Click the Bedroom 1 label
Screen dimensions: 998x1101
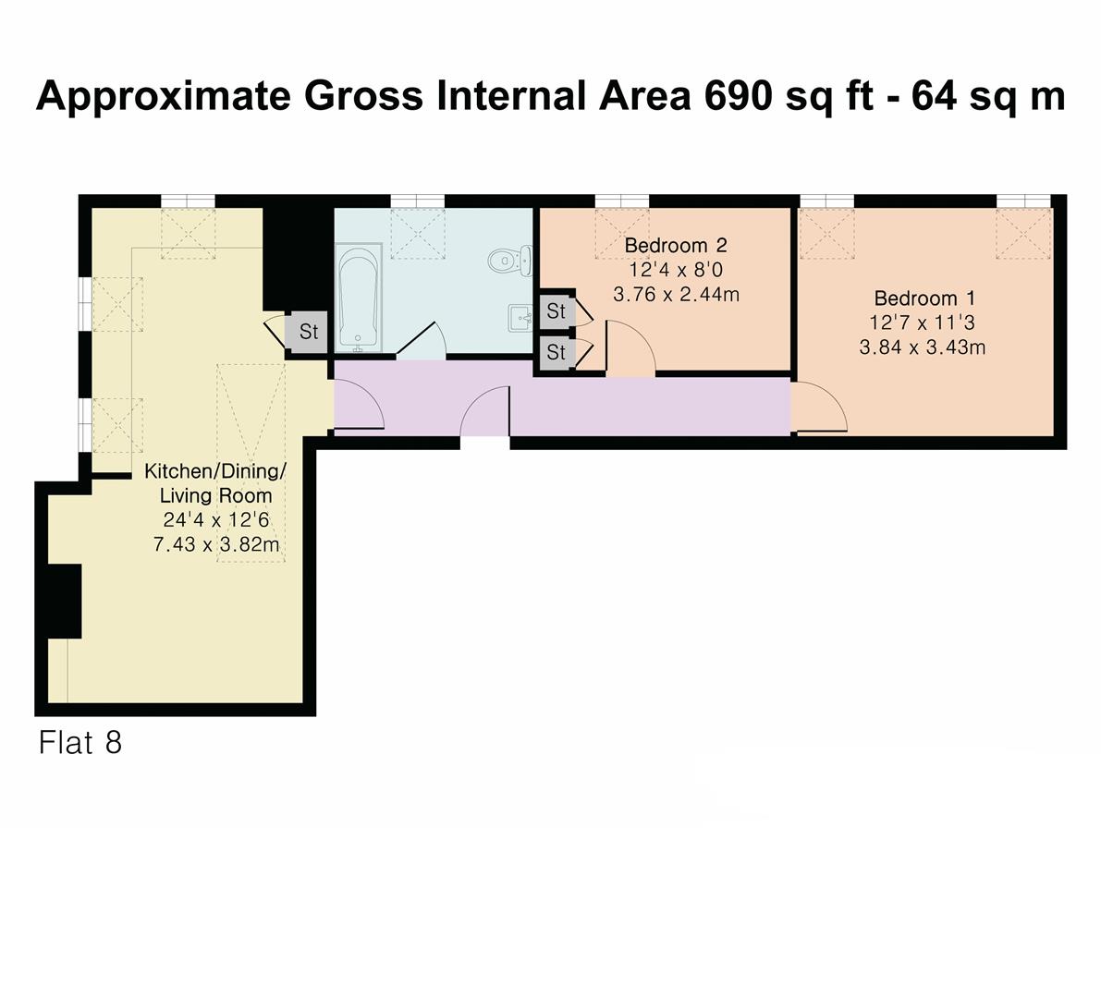pos(924,298)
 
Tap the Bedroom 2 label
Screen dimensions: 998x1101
pos(675,246)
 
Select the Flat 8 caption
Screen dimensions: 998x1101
pos(80,743)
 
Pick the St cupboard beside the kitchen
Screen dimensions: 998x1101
pos(308,331)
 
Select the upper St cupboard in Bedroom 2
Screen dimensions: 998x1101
pos(556,311)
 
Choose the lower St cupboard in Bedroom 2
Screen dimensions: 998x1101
pos(556,352)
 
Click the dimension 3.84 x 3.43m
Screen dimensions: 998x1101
pos(922,348)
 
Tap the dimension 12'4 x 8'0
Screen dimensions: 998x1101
pos(675,271)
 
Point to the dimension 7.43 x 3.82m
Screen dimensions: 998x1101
pos(216,545)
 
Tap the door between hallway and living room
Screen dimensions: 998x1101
pos(359,407)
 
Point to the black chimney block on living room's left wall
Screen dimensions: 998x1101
pos(65,601)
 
